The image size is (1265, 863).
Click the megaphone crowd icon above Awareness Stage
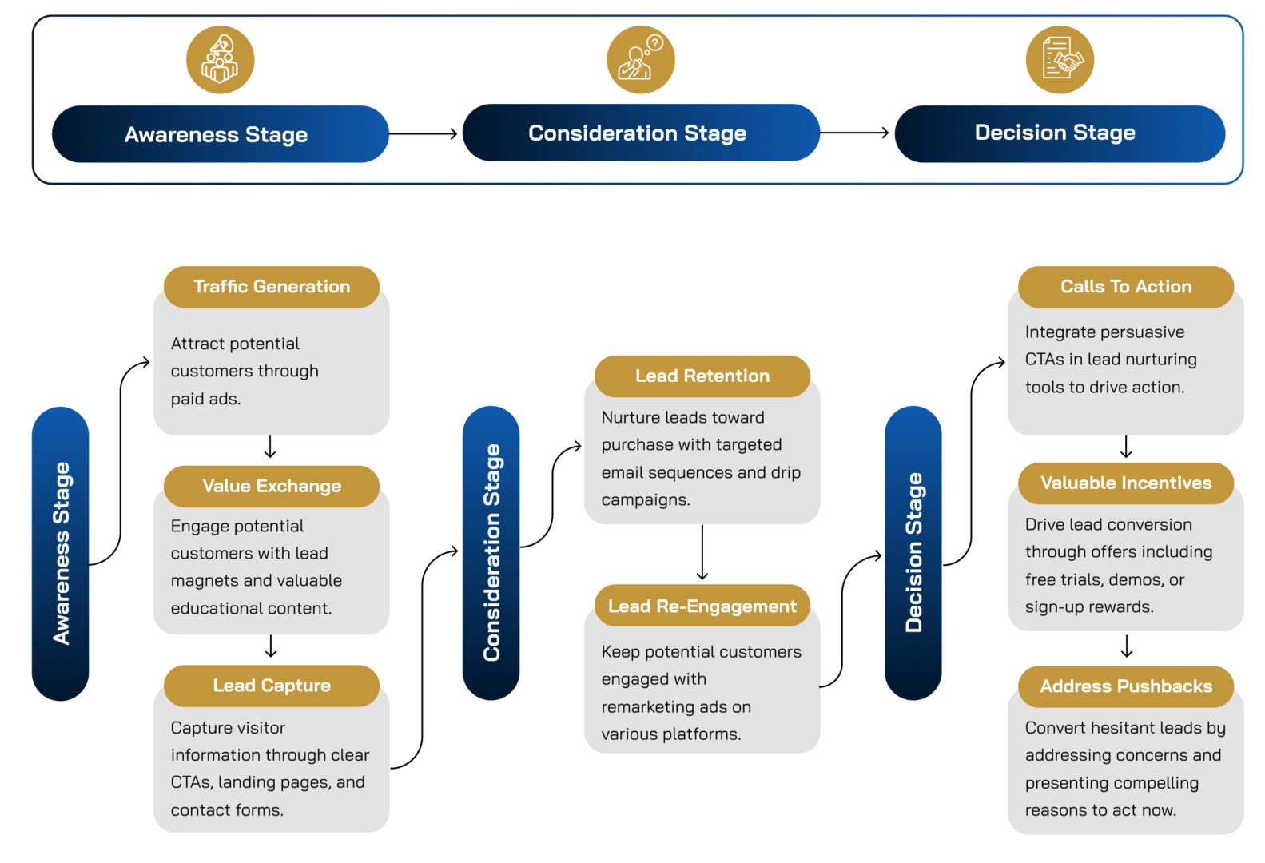coord(220,60)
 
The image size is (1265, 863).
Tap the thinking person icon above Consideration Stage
coord(640,60)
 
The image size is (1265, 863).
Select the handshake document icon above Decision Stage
coord(1060,60)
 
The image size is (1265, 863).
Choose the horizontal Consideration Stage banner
coord(640,133)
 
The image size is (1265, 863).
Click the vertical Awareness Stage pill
coord(61,553)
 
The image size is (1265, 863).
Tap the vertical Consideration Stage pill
coord(491,553)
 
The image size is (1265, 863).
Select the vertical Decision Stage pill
coord(913,553)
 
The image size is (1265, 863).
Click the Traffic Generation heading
coord(272,286)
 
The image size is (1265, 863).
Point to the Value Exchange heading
coord(272,486)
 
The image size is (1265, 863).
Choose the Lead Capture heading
coord(272,686)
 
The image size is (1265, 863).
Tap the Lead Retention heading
coord(702,376)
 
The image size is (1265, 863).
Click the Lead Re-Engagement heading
coord(702,606)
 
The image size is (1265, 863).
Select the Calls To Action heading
coord(1126,286)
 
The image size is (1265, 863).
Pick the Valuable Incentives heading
coord(1126,483)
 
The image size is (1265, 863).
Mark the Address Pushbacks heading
coord(1126,686)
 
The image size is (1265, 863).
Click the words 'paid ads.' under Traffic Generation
coord(205,399)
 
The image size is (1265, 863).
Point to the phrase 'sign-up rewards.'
coord(1089,607)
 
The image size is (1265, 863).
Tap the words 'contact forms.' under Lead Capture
coord(227,810)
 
